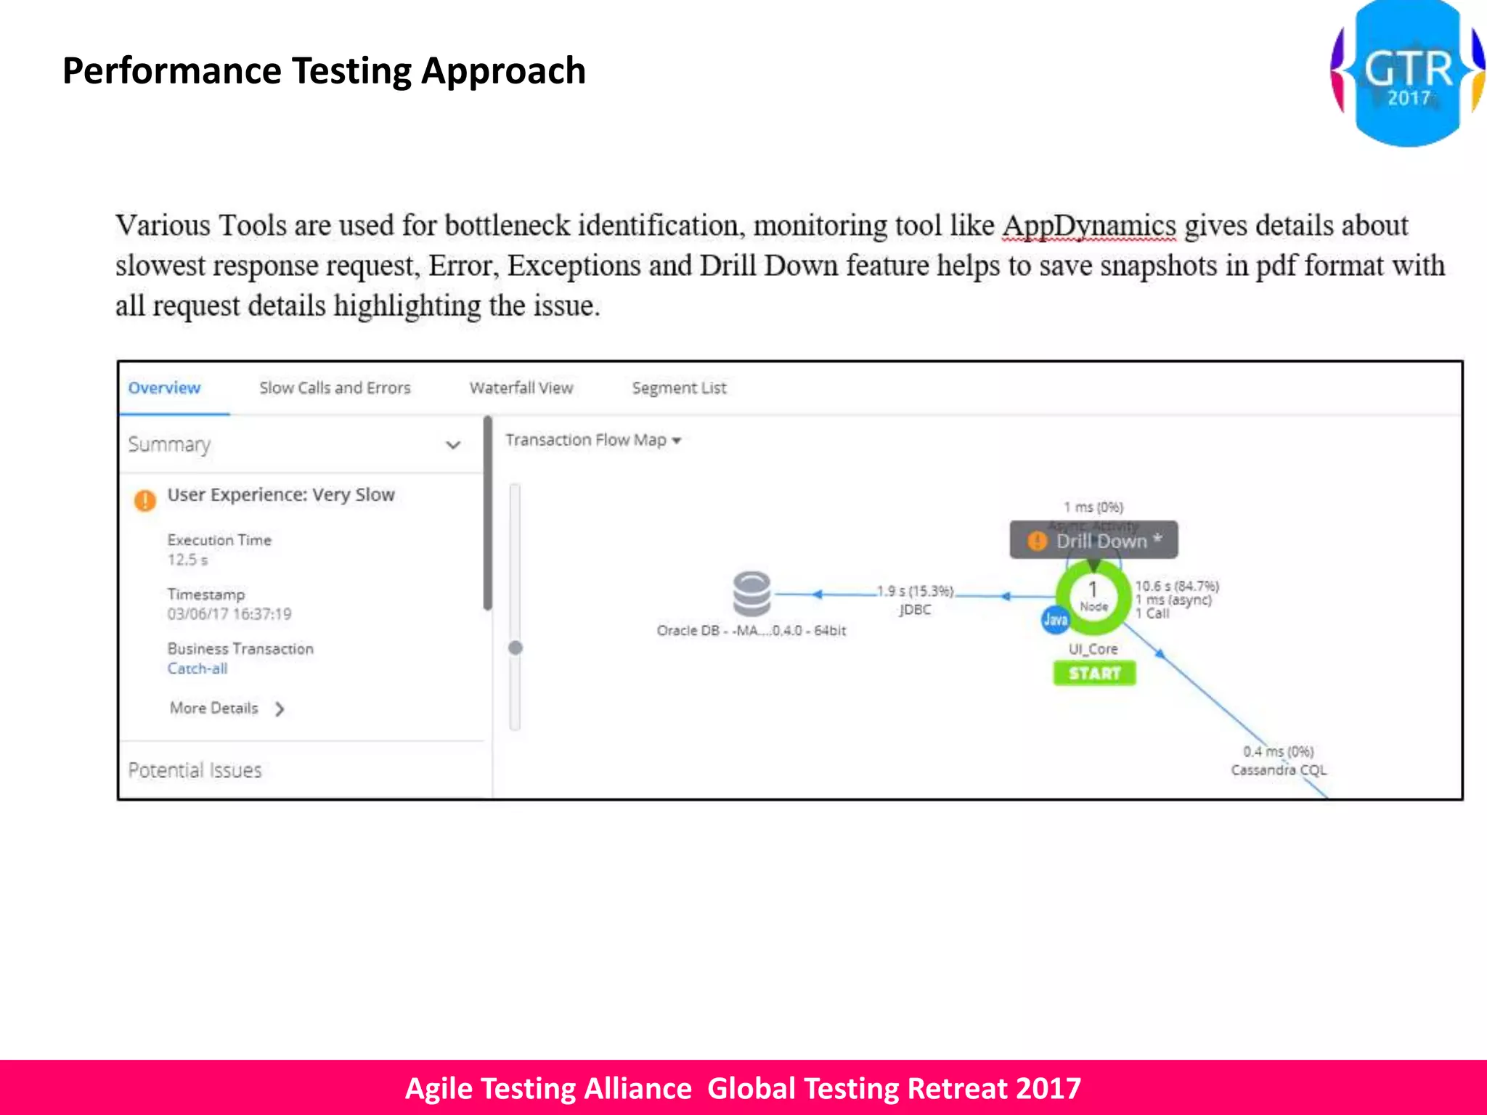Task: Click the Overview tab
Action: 164,388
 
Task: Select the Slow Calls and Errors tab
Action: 335,388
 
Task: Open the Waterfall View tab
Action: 521,388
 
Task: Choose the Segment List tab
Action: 679,388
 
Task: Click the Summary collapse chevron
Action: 453,445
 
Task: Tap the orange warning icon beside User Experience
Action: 145,499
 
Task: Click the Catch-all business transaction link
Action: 197,669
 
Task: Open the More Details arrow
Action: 280,708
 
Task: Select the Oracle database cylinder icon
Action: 751,594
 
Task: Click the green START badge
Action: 1094,673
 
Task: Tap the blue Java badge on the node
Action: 1055,619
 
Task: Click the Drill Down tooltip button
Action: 1094,541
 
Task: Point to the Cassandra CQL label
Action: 1278,769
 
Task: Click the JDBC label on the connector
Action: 914,610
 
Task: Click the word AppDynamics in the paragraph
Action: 1088,226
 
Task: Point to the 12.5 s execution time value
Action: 187,560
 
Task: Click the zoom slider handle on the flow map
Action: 516,648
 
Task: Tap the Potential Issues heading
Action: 195,770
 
